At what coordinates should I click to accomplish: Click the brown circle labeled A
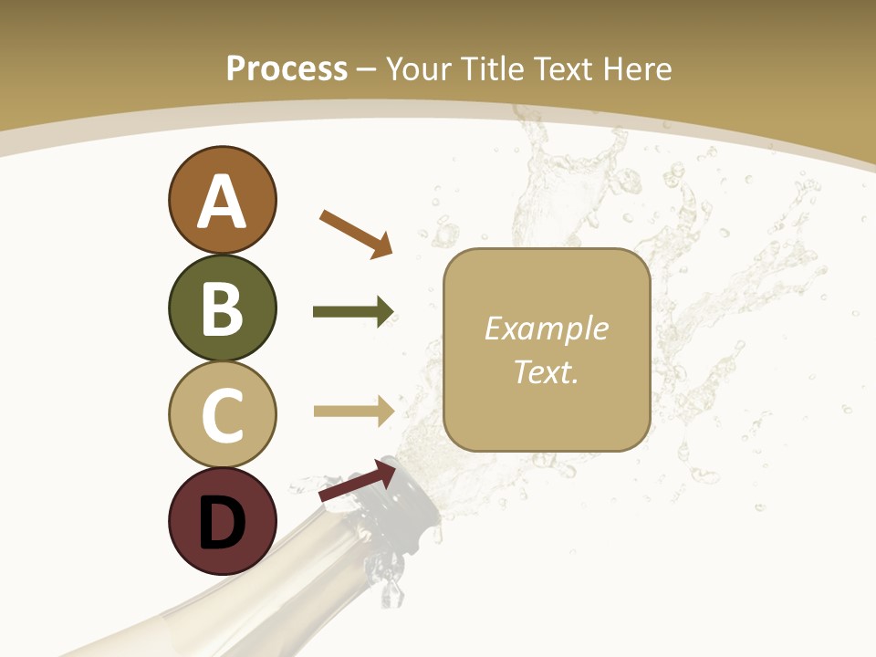(222, 200)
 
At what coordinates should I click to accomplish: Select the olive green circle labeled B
(222, 308)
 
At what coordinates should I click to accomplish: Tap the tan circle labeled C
(222, 414)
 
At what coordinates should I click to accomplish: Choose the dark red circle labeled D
(222, 521)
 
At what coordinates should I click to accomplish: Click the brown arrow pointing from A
(356, 234)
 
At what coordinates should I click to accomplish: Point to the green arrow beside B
(353, 312)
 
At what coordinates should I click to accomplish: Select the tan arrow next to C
(353, 411)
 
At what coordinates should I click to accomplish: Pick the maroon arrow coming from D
(357, 481)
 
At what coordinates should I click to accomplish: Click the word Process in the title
(287, 69)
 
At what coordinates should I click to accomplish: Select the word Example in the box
(546, 328)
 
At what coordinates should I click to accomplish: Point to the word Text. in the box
(546, 372)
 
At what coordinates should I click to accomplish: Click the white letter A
(222, 202)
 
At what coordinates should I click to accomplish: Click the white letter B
(222, 308)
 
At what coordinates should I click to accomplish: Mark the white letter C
(222, 415)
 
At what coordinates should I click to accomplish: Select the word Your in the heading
(421, 69)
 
